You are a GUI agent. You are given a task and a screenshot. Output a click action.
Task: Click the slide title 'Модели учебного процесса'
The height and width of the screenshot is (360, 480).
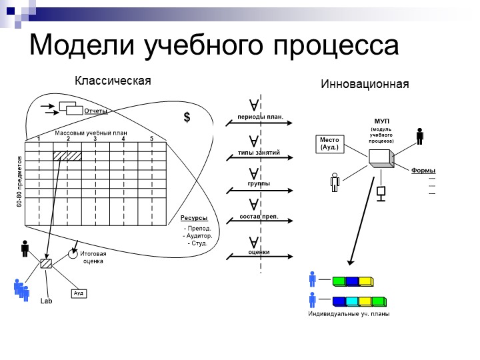(214, 45)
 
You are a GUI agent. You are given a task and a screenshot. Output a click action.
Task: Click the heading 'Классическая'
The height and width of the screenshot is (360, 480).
(113, 81)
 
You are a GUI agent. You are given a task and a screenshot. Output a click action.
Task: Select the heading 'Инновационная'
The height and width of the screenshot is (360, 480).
(365, 85)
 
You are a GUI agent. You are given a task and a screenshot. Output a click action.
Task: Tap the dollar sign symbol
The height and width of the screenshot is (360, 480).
(187, 118)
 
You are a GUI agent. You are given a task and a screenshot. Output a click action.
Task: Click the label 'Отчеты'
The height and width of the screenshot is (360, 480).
(95, 111)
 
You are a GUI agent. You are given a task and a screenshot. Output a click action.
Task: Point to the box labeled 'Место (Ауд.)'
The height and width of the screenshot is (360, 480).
(329, 144)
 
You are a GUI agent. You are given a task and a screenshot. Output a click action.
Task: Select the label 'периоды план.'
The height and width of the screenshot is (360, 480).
(260, 117)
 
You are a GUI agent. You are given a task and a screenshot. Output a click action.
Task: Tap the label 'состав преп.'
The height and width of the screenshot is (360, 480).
(259, 217)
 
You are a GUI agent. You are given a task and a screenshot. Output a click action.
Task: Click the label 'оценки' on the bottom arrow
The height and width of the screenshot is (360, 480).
(259, 251)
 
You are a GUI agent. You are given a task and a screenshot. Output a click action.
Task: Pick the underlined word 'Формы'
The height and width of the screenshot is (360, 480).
(423, 171)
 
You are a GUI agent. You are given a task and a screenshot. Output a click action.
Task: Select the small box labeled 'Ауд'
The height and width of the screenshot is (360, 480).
(79, 293)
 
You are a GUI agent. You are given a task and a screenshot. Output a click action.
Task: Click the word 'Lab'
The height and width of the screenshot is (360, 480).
(46, 301)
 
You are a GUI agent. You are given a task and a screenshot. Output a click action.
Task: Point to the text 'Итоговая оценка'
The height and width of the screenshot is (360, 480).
(93, 257)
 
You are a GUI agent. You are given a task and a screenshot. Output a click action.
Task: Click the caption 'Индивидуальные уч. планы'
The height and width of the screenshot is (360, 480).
(349, 313)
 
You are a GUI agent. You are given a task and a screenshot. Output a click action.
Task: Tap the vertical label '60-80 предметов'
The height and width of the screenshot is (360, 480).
(20, 182)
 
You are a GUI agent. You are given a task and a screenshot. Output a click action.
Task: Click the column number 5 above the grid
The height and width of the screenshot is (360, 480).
(151, 139)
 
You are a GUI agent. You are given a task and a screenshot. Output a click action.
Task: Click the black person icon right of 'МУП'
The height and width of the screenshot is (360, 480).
(419, 136)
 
